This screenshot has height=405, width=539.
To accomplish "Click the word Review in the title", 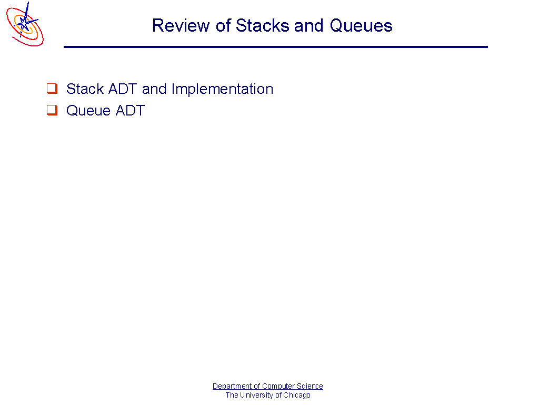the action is [181, 25].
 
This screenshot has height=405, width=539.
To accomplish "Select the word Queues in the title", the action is [361, 26].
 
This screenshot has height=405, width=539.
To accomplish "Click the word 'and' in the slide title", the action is [308, 25].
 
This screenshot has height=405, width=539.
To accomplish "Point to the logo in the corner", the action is [25, 24].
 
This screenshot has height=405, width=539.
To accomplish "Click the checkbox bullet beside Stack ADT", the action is [52, 88].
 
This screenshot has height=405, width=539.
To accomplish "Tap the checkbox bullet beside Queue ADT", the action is [52, 110].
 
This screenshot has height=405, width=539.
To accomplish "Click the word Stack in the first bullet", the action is [85, 89].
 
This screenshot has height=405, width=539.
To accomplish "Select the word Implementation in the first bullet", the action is [223, 89].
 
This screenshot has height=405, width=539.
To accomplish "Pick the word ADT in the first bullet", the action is [123, 89].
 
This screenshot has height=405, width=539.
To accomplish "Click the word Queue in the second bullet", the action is [88, 111].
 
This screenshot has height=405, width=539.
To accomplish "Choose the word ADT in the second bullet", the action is [131, 111].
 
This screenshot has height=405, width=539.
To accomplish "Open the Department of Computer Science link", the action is [268, 386].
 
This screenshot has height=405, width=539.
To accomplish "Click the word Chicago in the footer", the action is [297, 395].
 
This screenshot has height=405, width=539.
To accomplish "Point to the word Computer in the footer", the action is [276, 386].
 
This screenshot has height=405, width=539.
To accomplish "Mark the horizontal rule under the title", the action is [276, 47].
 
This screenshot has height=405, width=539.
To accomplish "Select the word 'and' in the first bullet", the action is [154, 89].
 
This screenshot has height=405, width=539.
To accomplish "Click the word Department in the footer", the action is [232, 386].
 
